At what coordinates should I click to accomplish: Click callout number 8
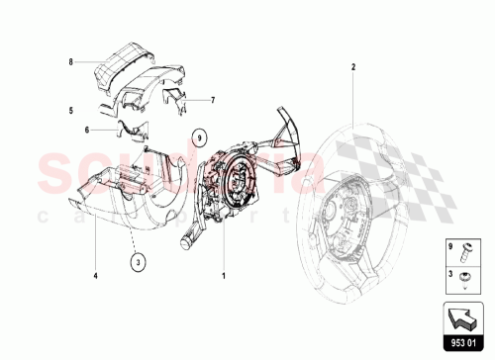click(71, 61)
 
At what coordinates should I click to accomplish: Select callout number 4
click(95, 274)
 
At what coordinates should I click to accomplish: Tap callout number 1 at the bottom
click(225, 274)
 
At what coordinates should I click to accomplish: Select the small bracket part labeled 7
click(174, 98)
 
